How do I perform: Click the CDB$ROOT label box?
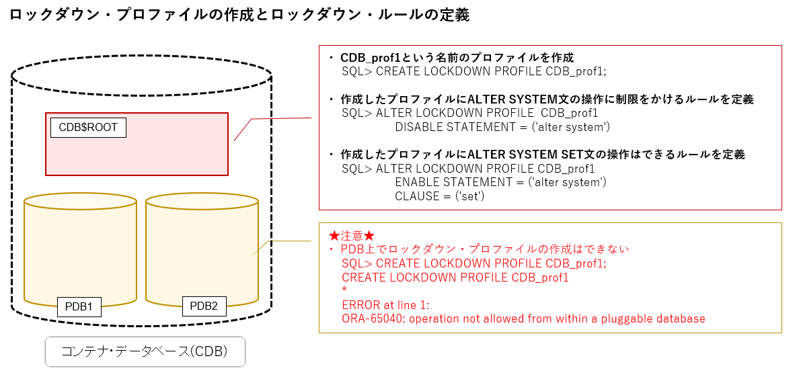[x=88, y=127]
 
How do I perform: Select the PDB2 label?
[x=204, y=306]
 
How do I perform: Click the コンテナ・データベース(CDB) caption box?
[x=145, y=351]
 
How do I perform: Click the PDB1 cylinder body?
[x=80, y=249]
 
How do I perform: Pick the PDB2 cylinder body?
[x=202, y=249]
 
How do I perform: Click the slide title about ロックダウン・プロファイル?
[x=239, y=15]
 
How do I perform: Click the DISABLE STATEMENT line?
[x=502, y=127]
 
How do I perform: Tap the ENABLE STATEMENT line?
[x=500, y=182]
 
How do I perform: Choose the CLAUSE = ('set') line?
[x=440, y=196]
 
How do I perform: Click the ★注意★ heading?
[x=352, y=236]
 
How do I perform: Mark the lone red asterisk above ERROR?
[x=344, y=290]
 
